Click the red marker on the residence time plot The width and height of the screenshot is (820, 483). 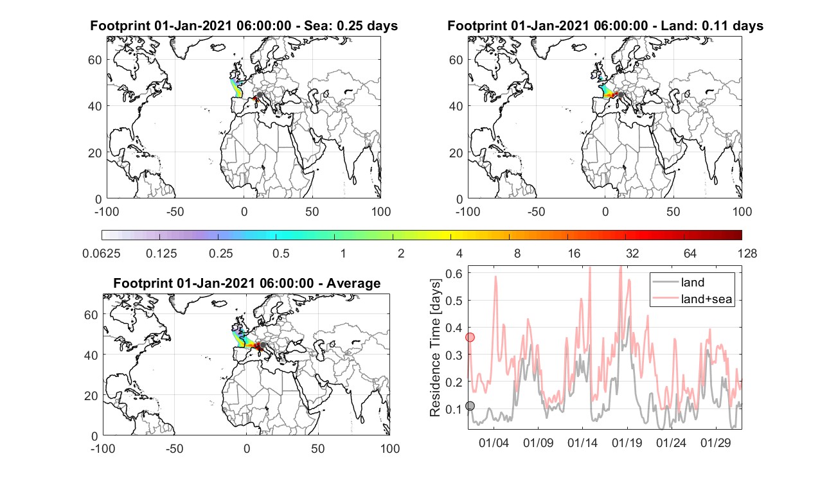click(470, 337)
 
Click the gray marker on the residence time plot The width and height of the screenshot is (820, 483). click(470, 405)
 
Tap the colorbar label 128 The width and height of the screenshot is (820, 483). click(747, 253)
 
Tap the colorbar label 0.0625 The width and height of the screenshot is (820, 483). click(102, 253)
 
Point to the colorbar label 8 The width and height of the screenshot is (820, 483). click(517, 253)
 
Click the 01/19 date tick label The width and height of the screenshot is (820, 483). click(627, 443)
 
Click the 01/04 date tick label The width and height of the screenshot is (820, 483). click(494, 443)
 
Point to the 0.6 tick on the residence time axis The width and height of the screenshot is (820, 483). click(454, 273)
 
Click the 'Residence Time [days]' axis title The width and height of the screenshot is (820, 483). click(435, 348)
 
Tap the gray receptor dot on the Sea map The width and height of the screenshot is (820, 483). click(260, 95)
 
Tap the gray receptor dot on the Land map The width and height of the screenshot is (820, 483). click(621, 95)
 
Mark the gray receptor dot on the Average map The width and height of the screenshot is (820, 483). click(262, 345)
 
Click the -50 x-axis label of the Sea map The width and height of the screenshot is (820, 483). click(175, 211)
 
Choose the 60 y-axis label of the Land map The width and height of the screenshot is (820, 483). click(456, 60)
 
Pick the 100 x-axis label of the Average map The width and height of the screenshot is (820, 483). click(390, 448)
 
